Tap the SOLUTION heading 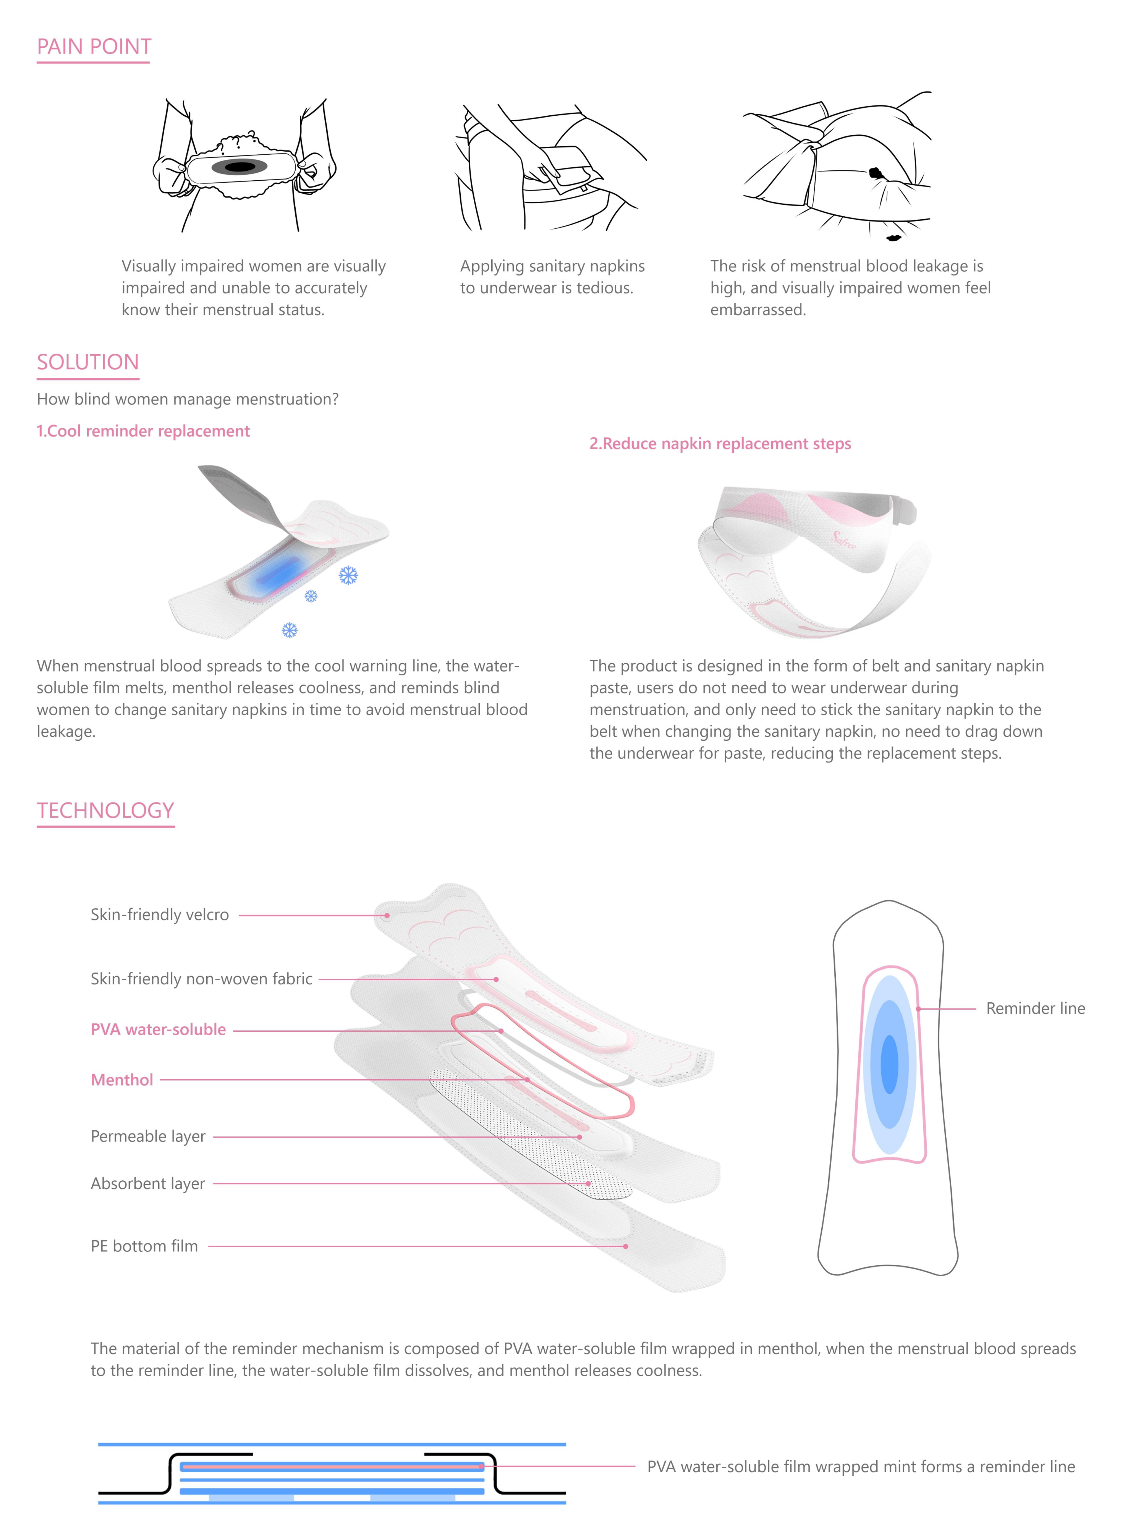tap(88, 362)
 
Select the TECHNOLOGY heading tap(105, 810)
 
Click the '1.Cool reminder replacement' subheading tap(143, 431)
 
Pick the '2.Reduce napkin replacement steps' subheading tap(720, 444)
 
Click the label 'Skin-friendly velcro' tap(160, 915)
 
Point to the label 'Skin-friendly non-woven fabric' tap(201, 979)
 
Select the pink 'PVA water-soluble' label tap(158, 1029)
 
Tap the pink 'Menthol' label tap(121, 1080)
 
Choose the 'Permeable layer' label tap(148, 1136)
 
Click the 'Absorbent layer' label tap(148, 1183)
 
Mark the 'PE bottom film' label tap(144, 1246)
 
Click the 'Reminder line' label tap(1035, 1008)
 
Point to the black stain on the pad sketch tap(240, 167)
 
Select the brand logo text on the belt tap(844, 540)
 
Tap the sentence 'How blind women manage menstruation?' tap(187, 399)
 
